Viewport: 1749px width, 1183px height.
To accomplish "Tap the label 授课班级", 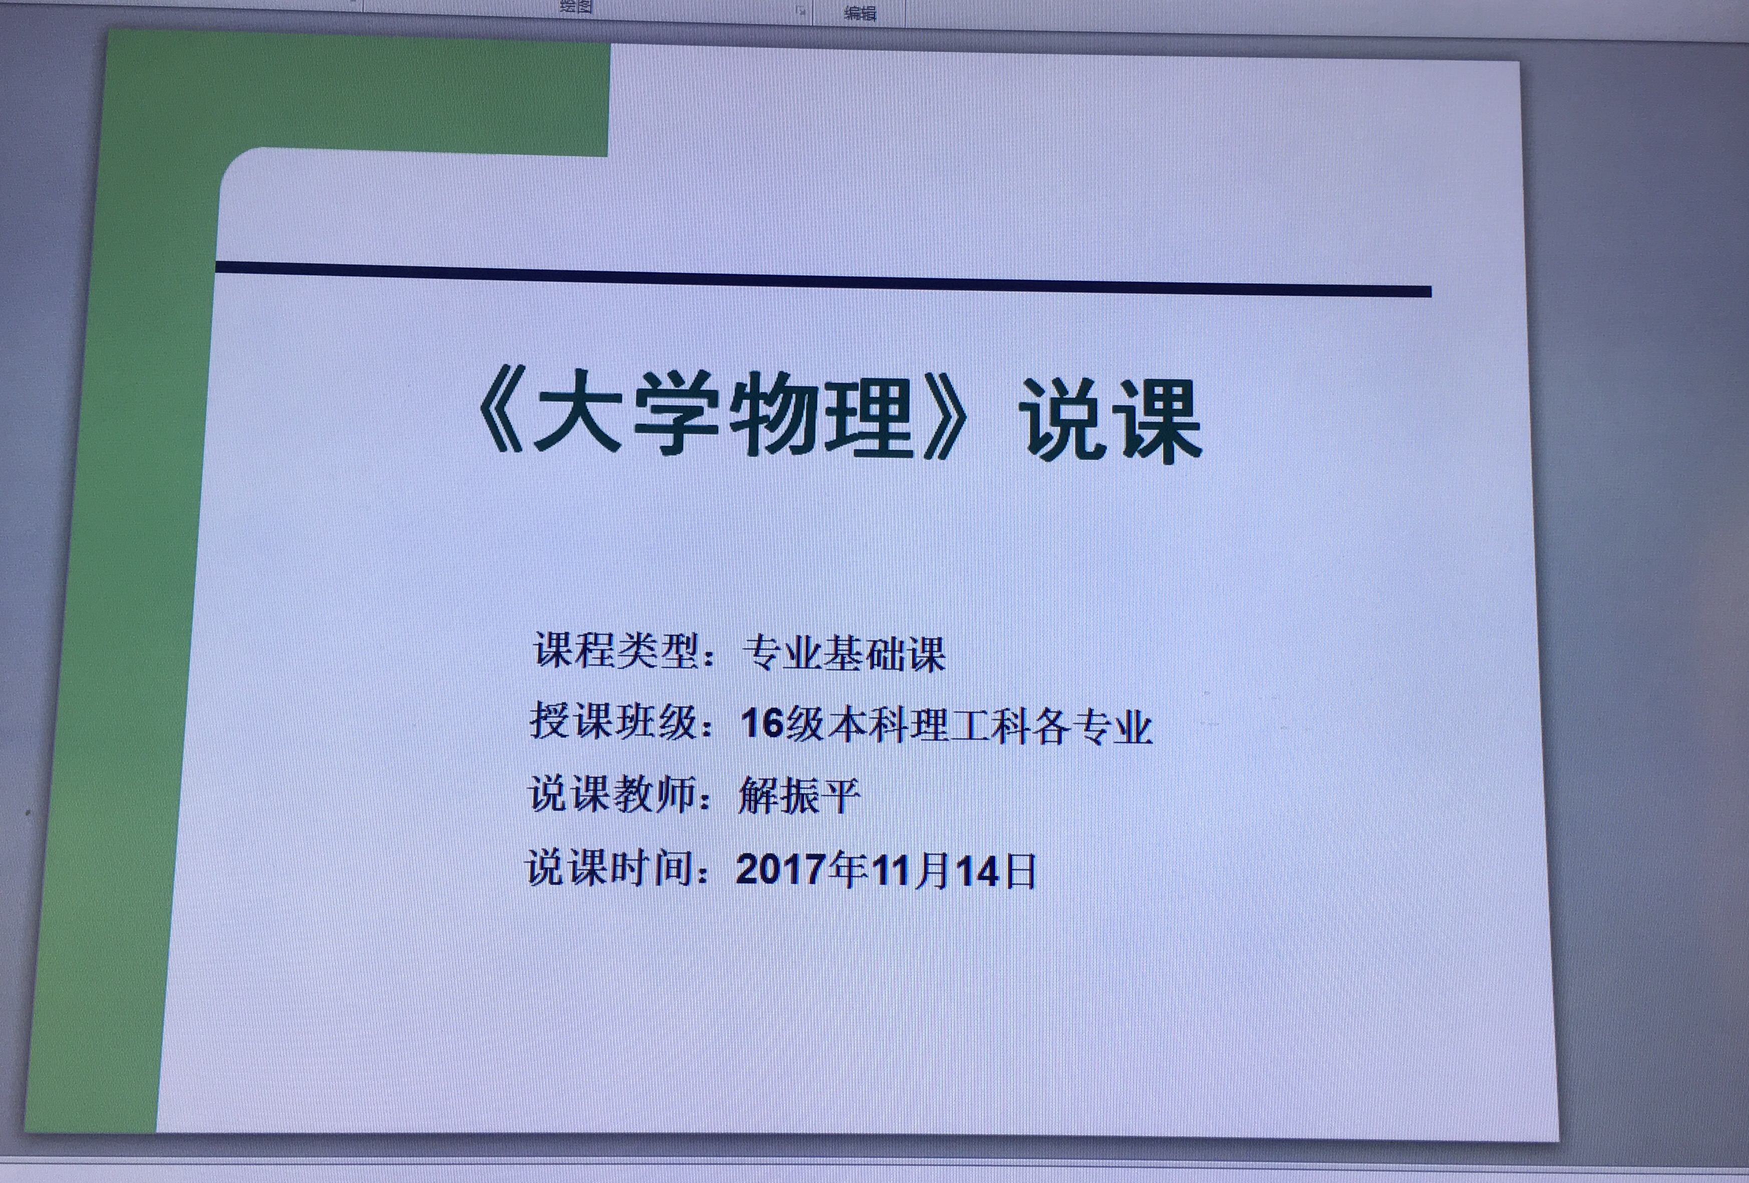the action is tap(614, 721).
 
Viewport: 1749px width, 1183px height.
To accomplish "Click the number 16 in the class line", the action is tap(762, 723).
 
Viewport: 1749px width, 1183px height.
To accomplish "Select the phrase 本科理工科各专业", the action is tap(988, 726).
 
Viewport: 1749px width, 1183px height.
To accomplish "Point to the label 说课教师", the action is tap(612, 794).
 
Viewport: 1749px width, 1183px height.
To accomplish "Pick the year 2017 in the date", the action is tap(780, 869).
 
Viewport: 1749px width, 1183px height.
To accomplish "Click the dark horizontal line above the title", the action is tap(823, 279).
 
